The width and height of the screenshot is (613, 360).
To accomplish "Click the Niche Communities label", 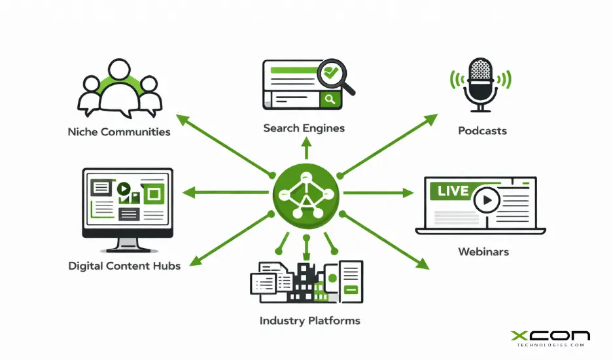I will coord(118,132).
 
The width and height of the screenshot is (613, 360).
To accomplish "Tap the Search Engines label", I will coord(304,128).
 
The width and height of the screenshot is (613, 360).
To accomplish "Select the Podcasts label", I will coord(482,130).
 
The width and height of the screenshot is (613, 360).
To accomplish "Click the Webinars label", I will coord(483,251).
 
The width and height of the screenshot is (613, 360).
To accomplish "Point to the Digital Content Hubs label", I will coord(124,266).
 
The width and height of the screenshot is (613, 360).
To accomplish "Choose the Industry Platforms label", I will coord(309,321).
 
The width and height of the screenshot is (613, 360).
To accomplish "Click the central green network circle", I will coord(306,193).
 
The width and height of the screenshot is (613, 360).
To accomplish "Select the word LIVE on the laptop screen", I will coord(453,191).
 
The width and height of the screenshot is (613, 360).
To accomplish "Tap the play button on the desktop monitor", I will coord(124,189).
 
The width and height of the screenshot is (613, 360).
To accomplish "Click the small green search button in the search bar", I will coord(330,99).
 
